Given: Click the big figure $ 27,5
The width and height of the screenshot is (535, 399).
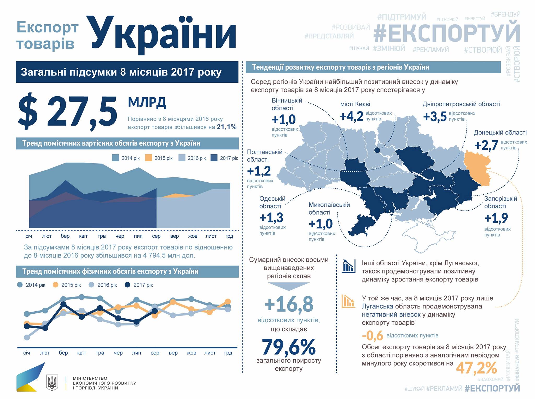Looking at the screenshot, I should pos(67,111).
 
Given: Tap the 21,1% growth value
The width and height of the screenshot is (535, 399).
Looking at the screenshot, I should pos(226,127).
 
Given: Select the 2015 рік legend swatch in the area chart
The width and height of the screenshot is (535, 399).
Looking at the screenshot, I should pos(148,158).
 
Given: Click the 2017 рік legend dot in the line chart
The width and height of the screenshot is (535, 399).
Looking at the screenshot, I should pos(127,285).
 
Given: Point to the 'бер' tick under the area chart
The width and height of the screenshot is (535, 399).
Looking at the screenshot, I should pos(65,236).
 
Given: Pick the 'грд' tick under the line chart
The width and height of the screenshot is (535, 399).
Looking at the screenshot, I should pos(228,353).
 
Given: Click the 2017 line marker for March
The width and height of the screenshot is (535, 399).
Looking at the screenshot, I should pos(63,304).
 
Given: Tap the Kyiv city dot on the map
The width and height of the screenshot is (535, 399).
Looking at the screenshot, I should pos(377,150).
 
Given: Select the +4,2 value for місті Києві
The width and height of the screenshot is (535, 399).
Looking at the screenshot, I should pos(351,116).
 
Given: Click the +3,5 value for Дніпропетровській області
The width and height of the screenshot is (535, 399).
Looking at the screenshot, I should pos(435,117).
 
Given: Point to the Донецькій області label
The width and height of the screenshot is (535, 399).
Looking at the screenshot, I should pos(500,133).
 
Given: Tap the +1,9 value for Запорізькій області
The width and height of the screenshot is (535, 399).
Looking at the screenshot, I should pos(496,218).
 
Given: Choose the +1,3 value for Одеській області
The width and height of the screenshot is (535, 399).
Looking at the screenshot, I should pos(271,217).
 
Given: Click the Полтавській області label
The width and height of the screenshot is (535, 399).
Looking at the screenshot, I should pos(265,156).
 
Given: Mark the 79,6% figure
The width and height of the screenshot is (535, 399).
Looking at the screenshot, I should pos(289,347).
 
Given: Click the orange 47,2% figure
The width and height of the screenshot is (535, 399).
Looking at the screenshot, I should pos(476,368).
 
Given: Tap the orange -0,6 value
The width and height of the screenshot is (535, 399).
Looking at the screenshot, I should pos(373,336).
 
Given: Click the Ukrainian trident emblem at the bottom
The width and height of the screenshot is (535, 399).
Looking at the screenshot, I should pos(52,382).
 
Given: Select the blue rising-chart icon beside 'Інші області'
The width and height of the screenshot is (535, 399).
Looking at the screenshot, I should pos(348,266).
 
